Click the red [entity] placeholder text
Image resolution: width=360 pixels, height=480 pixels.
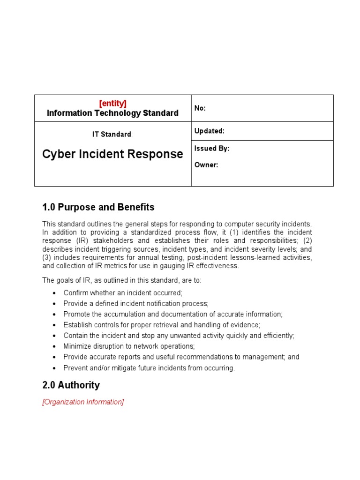pyautogui.click(x=112, y=103)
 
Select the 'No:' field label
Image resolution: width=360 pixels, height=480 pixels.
pyautogui.click(x=200, y=108)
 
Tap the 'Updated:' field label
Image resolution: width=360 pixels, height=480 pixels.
pyautogui.click(x=210, y=131)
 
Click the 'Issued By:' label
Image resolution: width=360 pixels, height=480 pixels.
pyautogui.click(x=212, y=149)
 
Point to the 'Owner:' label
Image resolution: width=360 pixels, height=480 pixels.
pyautogui.click(x=206, y=165)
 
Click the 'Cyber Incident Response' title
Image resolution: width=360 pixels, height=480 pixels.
pyautogui.click(x=112, y=154)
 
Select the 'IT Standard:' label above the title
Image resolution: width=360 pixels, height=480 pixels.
pyautogui.click(x=112, y=135)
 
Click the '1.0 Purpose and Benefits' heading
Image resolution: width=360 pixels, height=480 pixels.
pyautogui.click(x=98, y=207)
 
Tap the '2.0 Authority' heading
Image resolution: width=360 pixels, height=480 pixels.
pyautogui.click(x=71, y=385)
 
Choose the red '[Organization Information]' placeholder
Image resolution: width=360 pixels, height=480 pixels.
pyautogui.click(x=83, y=402)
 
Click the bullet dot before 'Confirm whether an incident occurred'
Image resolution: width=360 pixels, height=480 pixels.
pyautogui.click(x=54, y=293)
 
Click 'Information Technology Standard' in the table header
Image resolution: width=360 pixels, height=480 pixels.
pyautogui.click(x=112, y=113)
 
